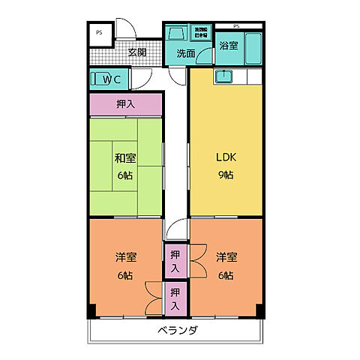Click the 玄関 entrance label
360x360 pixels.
pos(136,52)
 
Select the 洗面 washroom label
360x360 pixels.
pos(186,54)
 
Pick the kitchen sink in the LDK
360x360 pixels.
pos(223,76)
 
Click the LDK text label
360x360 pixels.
pos(225,158)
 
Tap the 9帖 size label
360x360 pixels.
pos(225,175)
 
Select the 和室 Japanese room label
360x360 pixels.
pos(125,158)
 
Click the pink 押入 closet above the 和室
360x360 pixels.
pos(125,105)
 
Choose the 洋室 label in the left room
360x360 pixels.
pos(125,257)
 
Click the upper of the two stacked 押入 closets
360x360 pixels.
pos(175,261)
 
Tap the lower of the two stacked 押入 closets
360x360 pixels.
pos(175,298)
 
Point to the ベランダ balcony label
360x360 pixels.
pos(178,331)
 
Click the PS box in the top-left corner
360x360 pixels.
pos(100,34)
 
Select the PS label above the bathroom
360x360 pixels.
pos(238,26)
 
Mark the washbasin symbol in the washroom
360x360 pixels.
pos(177,35)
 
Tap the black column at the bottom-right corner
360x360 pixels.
pos(260,311)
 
